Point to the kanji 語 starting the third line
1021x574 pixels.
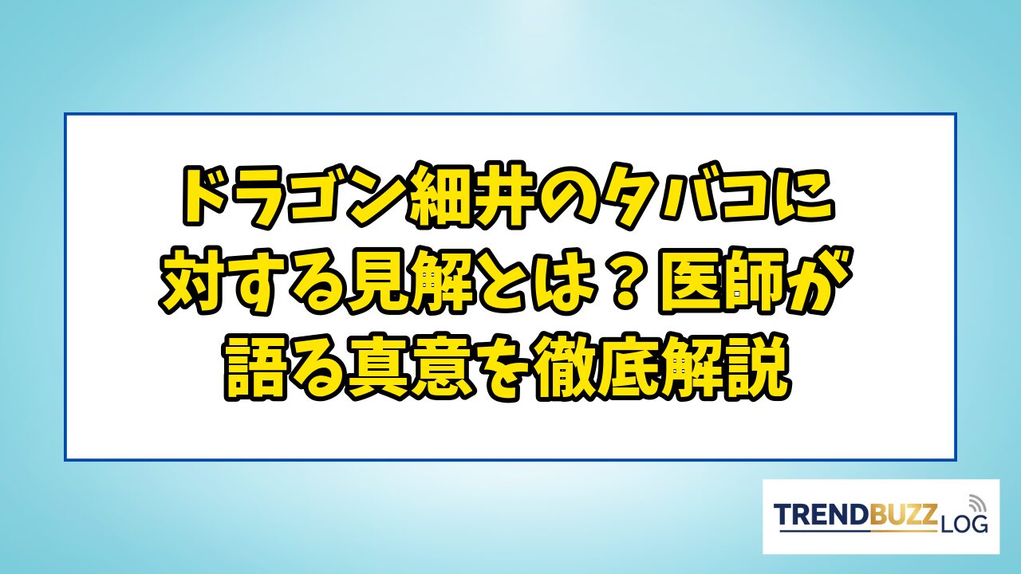(x=256, y=368)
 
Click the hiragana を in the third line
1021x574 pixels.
(x=507, y=368)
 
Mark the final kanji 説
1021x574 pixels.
(x=758, y=368)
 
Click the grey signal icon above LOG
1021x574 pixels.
(x=976, y=504)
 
